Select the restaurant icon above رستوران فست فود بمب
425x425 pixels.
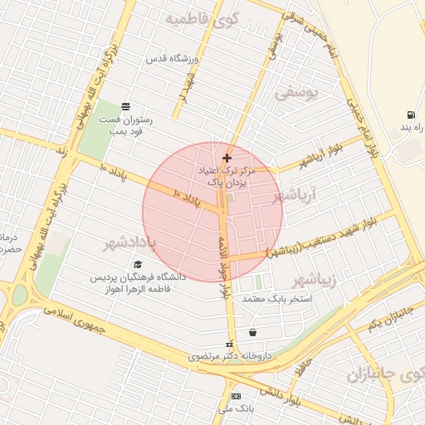(x=125, y=106)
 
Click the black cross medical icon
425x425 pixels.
(x=227, y=157)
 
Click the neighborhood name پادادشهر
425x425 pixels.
(x=130, y=244)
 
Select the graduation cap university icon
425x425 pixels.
(x=138, y=264)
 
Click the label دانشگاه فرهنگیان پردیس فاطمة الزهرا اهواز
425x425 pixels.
(x=137, y=283)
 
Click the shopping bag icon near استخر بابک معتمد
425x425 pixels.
(x=252, y=332)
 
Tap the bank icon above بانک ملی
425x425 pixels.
(x=236, y=396)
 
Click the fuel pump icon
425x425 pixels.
(x=410, y=115)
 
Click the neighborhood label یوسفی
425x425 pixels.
(x=296, y=94)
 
